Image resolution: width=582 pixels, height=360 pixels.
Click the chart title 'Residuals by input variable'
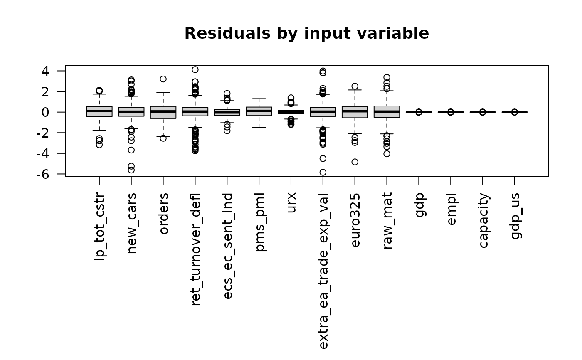pos(306,33)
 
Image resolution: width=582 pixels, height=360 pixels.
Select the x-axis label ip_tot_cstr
pos(99,227)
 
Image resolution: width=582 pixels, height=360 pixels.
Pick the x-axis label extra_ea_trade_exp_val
pos(323,271)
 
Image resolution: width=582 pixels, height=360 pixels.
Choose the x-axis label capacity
pos(483,220)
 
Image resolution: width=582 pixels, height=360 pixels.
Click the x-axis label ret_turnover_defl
pos(196,249)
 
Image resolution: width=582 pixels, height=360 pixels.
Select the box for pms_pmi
pos(259,111)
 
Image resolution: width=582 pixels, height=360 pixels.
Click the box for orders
pos(163,112)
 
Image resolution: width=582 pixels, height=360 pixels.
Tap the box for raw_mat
pos(387,111)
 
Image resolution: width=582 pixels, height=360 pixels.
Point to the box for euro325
pos(355,112)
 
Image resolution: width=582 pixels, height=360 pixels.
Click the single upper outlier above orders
pos(163,79)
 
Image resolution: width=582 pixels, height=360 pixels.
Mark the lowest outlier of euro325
pos(355,162)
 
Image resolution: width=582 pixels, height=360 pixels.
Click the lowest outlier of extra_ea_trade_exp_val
pos(323,172)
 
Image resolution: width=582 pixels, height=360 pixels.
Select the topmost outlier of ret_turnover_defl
pos(195,69)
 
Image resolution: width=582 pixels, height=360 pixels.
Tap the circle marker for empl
pos(451,112)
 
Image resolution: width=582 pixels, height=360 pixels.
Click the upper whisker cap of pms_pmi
pos(259,99)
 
